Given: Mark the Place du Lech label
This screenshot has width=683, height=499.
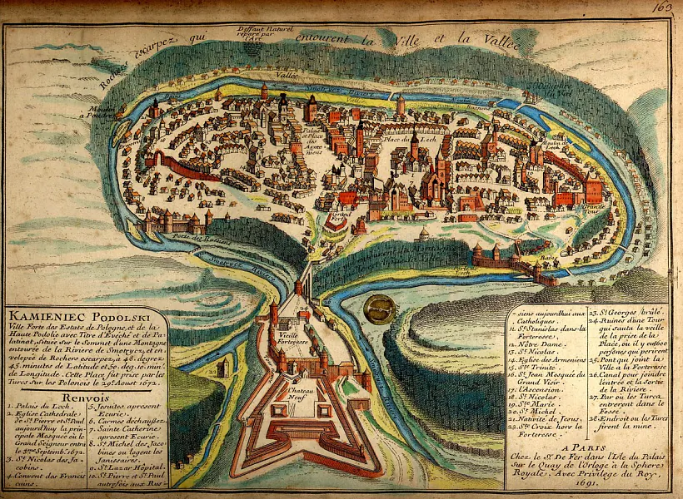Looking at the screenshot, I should (x=400, y=139).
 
